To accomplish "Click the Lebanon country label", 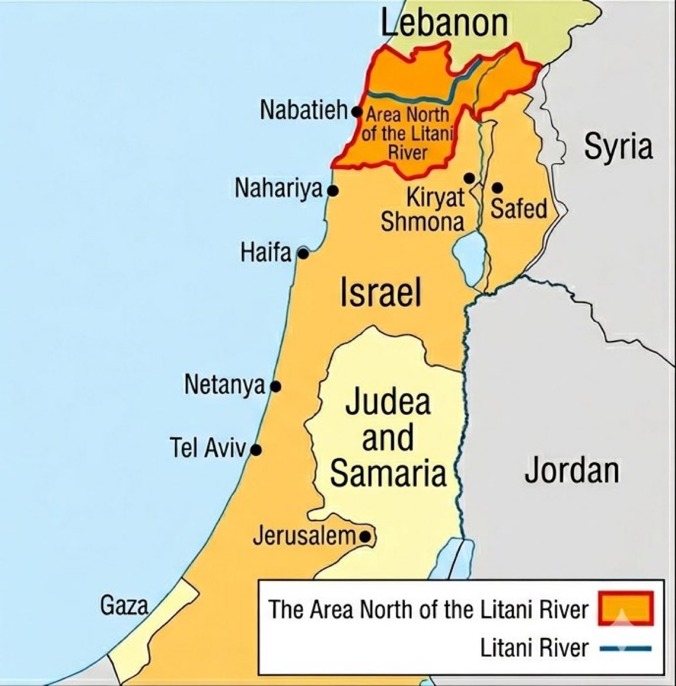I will click(444, 23).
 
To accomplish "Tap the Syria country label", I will click(618, 147).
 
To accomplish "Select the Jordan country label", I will click(572, 471).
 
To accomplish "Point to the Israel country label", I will click(381, 292).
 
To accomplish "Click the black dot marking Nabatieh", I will click(356, 110).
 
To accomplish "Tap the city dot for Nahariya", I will click(333, 191).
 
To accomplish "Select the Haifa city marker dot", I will click(303, 254).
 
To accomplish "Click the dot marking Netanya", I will click(275, 387).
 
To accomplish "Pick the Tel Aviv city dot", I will click(255, 451).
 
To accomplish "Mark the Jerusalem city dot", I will click(365, 536).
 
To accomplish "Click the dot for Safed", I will click(497, 188).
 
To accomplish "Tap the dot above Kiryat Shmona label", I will click(469, 177).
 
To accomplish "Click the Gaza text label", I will click(124, 605).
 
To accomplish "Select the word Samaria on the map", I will click(387, 474).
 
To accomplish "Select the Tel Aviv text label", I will click(208, 448).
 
